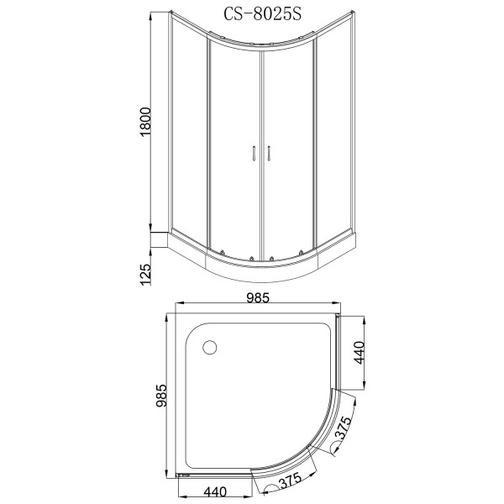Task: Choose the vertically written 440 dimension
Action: click(359, 352)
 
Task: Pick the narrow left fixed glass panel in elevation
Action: click(189, 134)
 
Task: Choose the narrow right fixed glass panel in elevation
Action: click(329, 134)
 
